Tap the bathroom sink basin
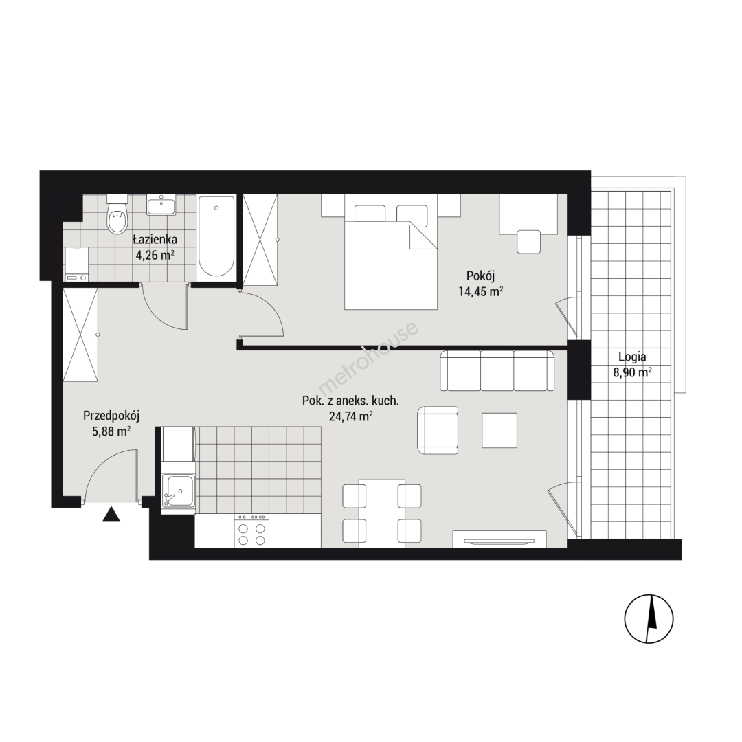(x=161, y=205)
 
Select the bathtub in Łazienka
(x=216, y=236)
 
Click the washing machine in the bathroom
(x=76, y=264)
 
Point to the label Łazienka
(x=155, y=240)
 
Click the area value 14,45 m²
(x=480, y=291)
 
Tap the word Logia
(x=632, y=357)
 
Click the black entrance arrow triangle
(x=111, y=515)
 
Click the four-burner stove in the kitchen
(x=251, y=531)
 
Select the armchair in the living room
(x=438, y=430)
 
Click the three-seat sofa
(x=497, y=370)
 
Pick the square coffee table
(x=499, y=430)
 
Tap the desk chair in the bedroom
(x=528, y=241)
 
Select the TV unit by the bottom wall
(x=499, y=539)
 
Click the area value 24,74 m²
(x=350, y=416)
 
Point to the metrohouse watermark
(x=368, y=359)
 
